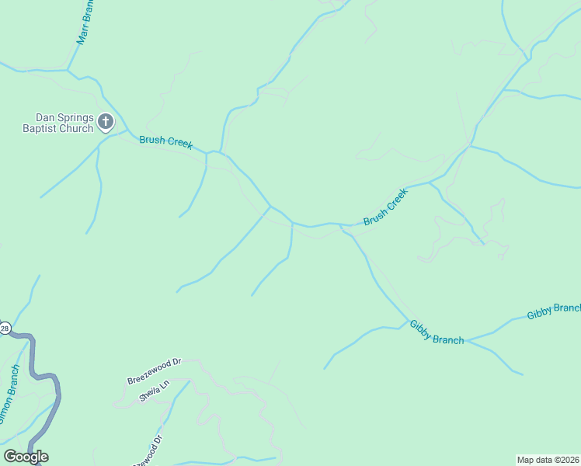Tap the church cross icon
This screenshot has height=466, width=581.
(x=106, y=121)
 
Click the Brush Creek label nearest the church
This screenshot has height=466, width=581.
(x=165, y=142)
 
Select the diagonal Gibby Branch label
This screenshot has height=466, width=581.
(x=436, y=332)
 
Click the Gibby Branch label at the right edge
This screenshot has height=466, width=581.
(x=553, y=311)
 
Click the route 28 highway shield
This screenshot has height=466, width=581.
(x=4, y=329)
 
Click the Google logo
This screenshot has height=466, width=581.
(x=26, y=457)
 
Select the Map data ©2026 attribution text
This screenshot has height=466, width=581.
(x=548, y=459)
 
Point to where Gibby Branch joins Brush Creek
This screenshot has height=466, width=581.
(x=342, y=226)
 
